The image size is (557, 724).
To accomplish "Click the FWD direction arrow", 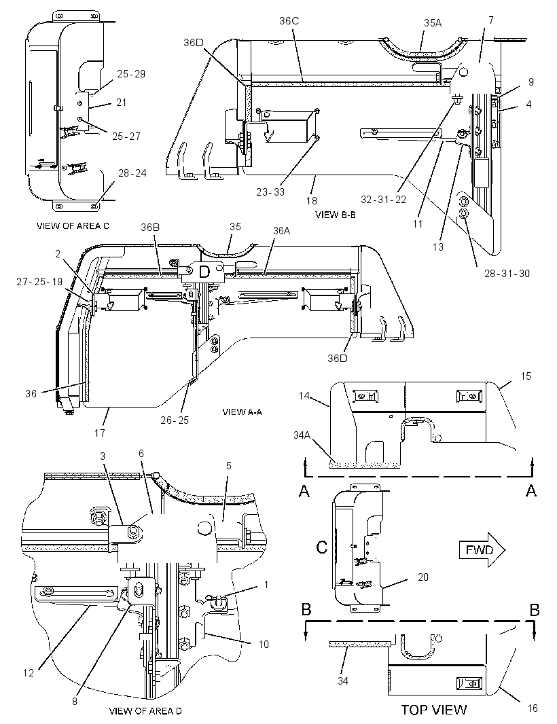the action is [482, 549].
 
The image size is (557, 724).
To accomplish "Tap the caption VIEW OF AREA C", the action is [73, 225].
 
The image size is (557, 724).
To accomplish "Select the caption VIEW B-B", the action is [336, 214].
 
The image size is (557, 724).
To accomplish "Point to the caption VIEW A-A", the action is [242, 412].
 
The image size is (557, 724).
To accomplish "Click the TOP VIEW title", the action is [433, 709].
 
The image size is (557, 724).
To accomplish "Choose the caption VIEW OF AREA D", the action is [145, 710].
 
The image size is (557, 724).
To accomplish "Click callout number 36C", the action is [289, 21].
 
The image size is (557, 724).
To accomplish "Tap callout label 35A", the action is [433, 22].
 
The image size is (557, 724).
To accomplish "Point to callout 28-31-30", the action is [507, 273].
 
